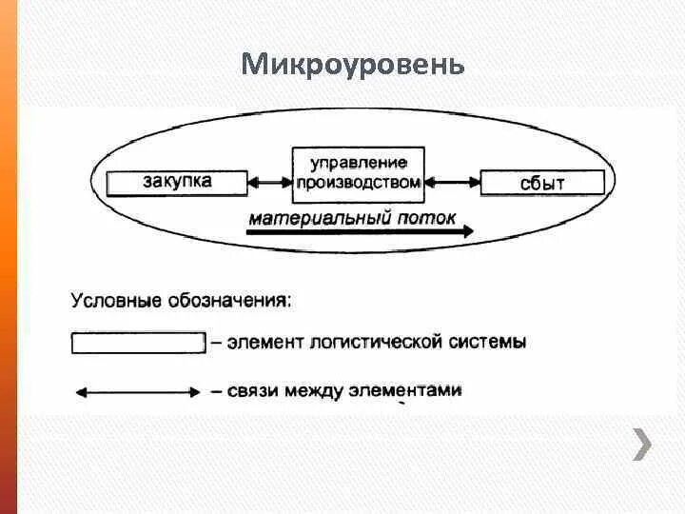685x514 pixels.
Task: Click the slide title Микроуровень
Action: (353, 65)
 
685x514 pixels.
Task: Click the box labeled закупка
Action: (177, 183)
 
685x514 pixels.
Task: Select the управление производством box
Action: (359, 173)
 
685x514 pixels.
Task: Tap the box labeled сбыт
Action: (542, 183)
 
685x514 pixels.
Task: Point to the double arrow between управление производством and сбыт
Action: (453, 182)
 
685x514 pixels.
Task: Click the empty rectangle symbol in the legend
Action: (139, 343)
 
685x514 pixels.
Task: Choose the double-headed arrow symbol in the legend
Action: (137, 390)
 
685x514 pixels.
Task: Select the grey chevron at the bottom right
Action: (643, 445)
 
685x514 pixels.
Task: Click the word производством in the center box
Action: (359, 182)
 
